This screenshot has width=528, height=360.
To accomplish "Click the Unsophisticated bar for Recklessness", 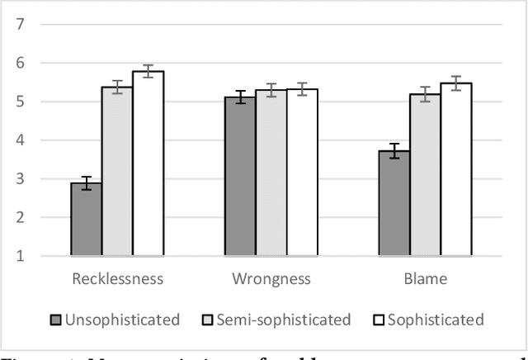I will pyautogui.click(x=87, y=220).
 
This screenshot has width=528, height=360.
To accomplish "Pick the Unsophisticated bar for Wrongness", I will pyautogui.click(x=240, y=177).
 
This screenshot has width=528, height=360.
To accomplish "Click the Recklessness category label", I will pyautogui.click(x=117, y=279).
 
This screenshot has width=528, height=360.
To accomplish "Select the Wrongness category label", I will pyautogui.click(x=271, y=279).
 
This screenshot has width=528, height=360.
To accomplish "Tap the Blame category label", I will pyautogui.click(x=425, y=279).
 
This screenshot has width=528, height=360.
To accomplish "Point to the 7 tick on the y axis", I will pyautogui.click(x=20, y=24).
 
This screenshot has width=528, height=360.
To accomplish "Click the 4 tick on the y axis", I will pyautogui.click(x=20, y=140).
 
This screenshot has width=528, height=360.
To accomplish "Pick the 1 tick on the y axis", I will pyautogui.click(x=20, y=257).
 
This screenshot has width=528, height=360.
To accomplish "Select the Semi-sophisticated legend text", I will pyautogui.click(x=283, y=320).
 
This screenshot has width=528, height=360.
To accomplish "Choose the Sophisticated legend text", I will pyautogui.click(x=436, y=320).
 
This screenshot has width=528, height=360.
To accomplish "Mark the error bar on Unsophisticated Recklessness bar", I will pyautogui.click(x=87, y=183).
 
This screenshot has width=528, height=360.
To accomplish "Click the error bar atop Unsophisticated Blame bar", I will pyautogui.click(x=394, y=151).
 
